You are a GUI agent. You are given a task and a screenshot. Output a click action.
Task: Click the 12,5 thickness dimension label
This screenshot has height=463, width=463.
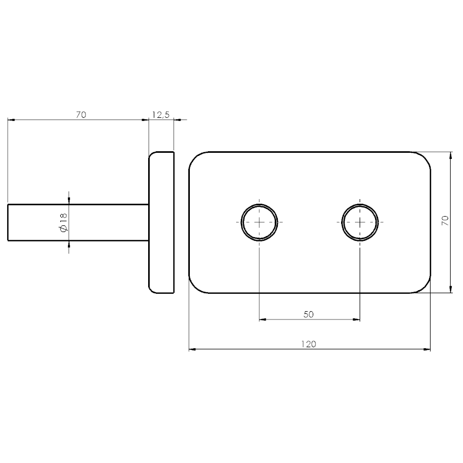(x=161, y=115)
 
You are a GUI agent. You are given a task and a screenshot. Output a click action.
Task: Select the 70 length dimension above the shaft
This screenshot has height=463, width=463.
(x=81, y=115)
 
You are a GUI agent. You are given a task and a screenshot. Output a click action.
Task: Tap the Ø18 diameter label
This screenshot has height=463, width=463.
(x=64, y=222)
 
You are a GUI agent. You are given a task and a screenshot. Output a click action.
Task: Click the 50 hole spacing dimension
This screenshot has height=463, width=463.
(x=308, y=314)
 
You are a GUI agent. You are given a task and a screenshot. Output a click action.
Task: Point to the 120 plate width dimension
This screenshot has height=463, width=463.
(x=309, y=344)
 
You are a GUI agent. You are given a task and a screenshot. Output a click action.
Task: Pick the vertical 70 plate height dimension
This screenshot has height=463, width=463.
(x=445, y=221)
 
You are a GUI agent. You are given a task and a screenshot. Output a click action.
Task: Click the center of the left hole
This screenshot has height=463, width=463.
(x=259, y=222)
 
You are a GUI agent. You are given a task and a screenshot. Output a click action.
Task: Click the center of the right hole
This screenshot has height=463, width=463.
(x=360, y=222)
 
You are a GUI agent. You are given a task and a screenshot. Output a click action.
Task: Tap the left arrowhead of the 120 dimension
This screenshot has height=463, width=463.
(x=192, y=350)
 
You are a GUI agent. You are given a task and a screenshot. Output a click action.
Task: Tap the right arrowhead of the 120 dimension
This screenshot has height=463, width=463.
(x=427, y=350)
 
